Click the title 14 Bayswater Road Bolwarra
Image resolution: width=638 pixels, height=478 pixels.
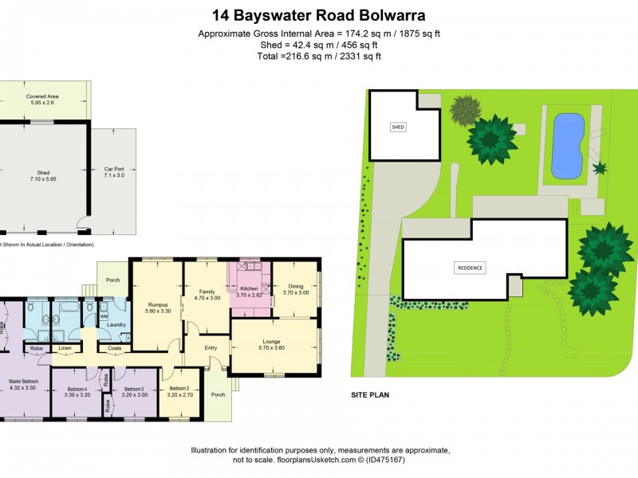(x=318, y=15)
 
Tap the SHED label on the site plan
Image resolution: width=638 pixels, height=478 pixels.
(x=398, y=127)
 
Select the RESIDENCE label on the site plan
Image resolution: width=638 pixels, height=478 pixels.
(x=471, y=268)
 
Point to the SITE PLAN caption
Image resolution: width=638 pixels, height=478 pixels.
(x=369, y=394)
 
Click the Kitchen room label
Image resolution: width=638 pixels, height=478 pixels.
(x=250, y=288)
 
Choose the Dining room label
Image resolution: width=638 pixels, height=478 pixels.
(x=295, y=288)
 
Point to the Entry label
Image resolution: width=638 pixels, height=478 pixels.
(x=211, y=347)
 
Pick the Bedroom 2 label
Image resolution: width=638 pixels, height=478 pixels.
(x=179, y=389)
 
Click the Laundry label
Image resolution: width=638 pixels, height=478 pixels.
(x=116, y=324)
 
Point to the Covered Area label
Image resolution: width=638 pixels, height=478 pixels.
(x=42, y=96)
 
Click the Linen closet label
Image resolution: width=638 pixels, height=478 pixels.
(x=65, y=348)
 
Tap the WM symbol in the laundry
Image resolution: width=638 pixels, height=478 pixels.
(x=104, y=315)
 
